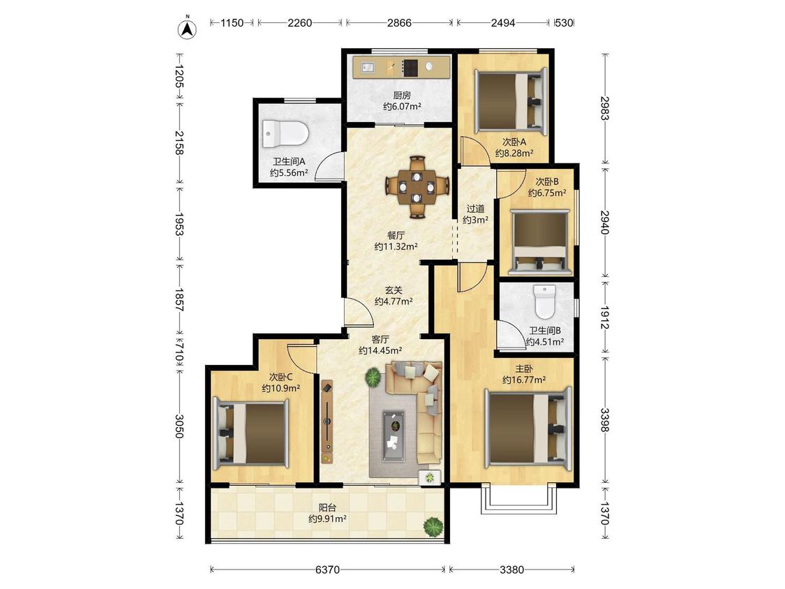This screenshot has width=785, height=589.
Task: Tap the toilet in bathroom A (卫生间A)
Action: pos(285,134)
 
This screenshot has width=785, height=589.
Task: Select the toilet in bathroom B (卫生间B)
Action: pos(545,301)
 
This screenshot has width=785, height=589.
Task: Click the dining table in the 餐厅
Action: pos(417,187)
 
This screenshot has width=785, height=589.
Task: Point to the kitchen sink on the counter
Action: pos(368,66)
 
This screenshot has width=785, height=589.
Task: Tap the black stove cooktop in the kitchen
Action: pos(410,67)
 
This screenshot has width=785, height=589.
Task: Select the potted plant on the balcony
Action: pos(433,526)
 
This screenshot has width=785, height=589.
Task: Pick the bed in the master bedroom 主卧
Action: pos(528,428)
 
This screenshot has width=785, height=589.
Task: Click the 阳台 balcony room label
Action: pos(327,508)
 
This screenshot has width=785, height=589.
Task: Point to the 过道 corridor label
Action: pos(475,209)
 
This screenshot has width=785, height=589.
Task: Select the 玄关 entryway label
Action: pos(394,290)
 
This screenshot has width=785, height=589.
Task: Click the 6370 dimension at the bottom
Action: pos(327,569)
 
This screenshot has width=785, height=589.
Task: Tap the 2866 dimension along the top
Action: pos(399,22)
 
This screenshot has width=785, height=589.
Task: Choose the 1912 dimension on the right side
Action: pos(605,318)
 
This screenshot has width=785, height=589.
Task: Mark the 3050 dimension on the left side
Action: pos(179,426)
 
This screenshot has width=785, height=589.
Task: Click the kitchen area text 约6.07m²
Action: pos(402,106)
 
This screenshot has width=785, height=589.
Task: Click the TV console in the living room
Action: pos(327,422)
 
